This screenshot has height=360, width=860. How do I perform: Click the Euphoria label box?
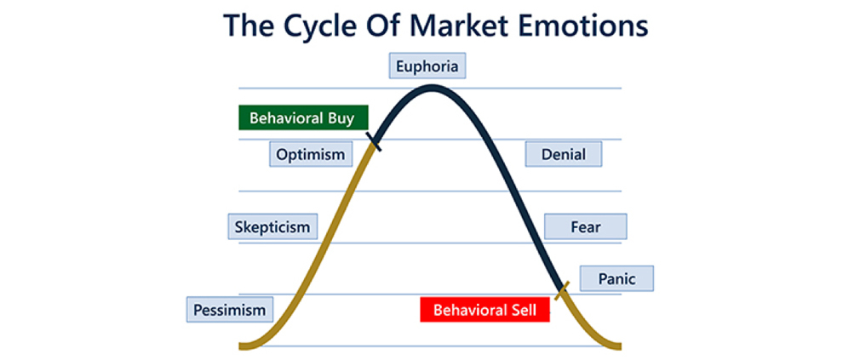point(427,66)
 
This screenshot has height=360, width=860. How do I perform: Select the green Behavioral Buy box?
point(303,117)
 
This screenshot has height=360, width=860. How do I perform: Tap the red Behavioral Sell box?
point(484,310)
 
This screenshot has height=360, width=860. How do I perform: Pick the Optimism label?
point(311,154)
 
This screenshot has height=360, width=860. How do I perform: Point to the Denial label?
point(564,154)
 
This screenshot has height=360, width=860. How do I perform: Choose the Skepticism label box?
point(272,226)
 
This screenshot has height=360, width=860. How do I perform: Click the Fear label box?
point(585,226)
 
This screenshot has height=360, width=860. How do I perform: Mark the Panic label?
point(616,278)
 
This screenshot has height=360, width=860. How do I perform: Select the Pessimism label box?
point(229,310)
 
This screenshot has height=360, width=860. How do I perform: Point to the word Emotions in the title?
point(593,26)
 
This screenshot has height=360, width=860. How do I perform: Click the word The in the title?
point(251,26)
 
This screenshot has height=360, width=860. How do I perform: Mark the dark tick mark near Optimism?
point(374,140)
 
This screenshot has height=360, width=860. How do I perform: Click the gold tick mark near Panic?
point(562,290)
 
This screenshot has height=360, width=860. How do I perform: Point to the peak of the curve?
point(433,86)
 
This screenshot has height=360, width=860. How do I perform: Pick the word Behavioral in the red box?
point(468,310)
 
